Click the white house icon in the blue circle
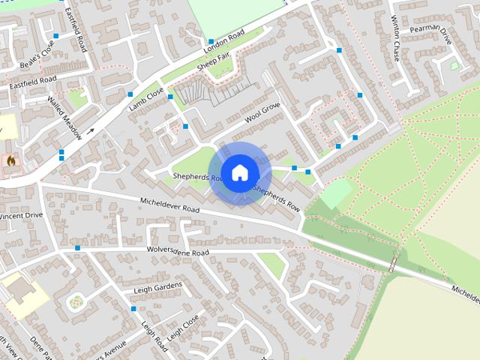(x=239, y=172)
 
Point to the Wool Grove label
(x=262, y=115)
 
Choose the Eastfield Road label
(x=33, y=83)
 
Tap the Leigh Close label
(x=183, y=328)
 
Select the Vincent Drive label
(x=22, y=216)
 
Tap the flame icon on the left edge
(x=10, y=160)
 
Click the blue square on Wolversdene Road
(x=77, y=247)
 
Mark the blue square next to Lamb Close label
(x=130, y=94)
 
